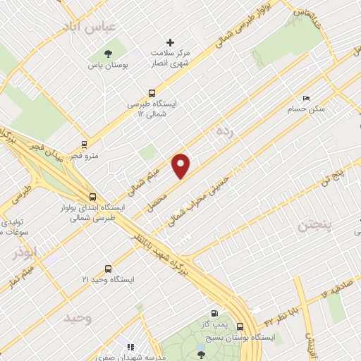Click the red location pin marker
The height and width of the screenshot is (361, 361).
(181, 166)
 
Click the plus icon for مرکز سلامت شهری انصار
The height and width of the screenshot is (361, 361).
(169, 43)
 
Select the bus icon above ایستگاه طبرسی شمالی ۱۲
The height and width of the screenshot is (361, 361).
(152, 92)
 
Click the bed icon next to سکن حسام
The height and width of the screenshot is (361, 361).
(305, 98)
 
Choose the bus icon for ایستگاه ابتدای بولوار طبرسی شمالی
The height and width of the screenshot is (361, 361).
(92, 197)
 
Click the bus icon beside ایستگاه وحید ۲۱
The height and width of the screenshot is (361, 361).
(108, 268)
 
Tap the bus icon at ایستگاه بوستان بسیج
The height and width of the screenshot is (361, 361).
(241, 326)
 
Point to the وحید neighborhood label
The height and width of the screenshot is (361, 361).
(78, 317)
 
